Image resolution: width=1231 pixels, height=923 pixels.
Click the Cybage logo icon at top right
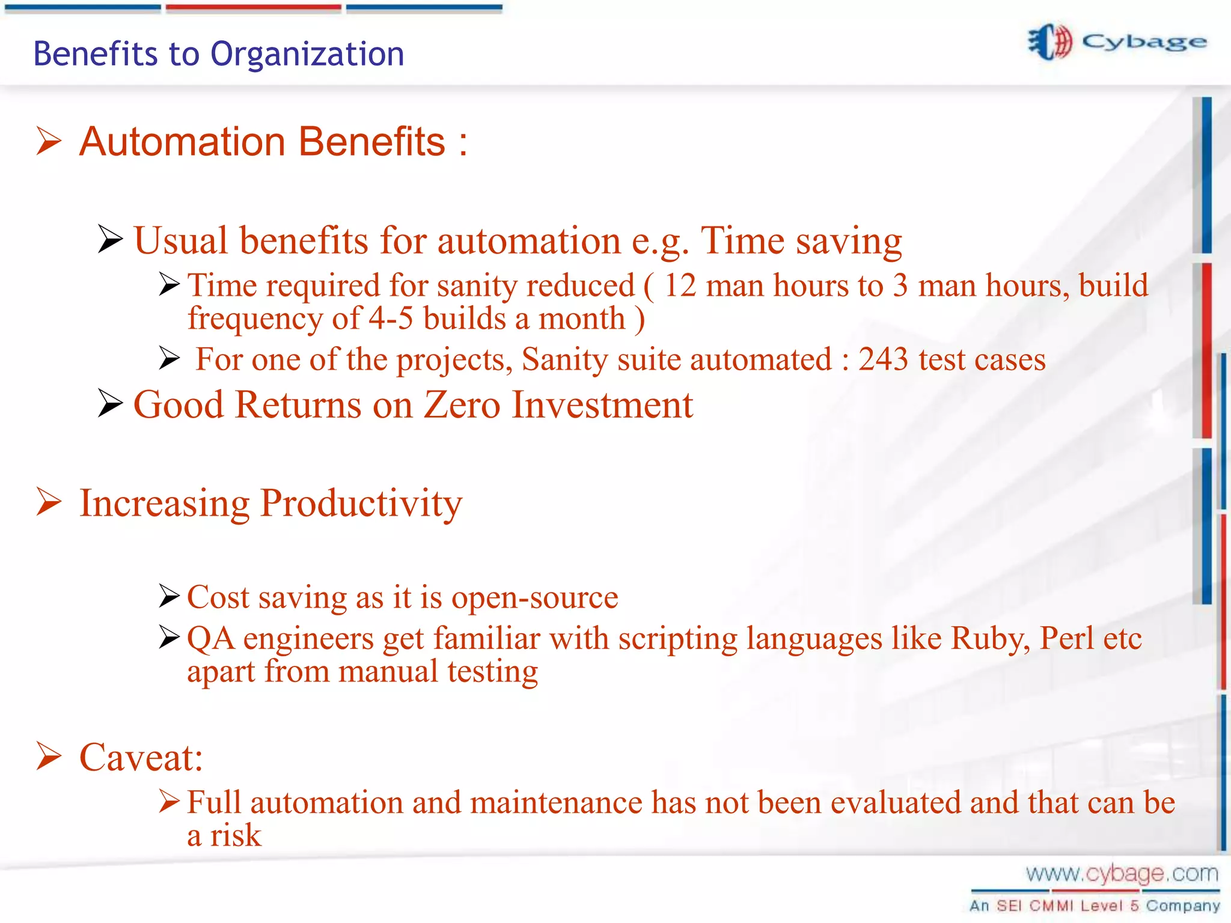point(1050,42)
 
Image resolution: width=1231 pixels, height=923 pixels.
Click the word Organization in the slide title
point(307,54)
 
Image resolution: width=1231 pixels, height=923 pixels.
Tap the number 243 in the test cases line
point(882,359)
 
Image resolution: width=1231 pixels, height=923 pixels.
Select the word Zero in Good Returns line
point(462,404)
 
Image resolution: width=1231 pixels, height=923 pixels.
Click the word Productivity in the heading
point(361,503)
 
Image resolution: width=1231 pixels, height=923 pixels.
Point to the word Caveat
point(141,757)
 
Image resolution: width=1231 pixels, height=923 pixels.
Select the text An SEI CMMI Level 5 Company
point(1095,906)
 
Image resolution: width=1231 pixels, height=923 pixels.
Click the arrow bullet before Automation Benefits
point(49,141)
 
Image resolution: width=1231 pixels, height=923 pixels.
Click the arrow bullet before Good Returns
point(111,403)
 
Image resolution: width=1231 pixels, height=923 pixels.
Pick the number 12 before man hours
point(680,285)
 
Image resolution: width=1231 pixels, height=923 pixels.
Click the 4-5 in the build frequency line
point(391,318)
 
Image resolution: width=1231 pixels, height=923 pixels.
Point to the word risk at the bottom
point(235,836)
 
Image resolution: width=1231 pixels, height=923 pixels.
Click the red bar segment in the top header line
point(253,8)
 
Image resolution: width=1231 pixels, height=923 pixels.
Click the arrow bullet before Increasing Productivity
point(49,502)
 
